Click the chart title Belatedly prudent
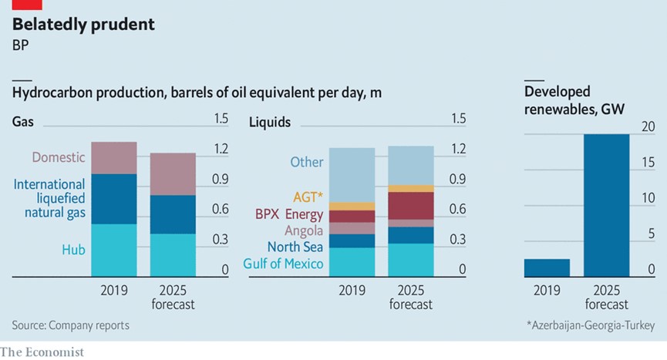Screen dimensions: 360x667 click(83, 25)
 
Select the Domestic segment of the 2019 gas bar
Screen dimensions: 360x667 click(114, 158)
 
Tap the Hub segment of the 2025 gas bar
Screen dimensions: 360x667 click(173, 254)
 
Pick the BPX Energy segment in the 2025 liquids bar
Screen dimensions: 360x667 click(411, 205)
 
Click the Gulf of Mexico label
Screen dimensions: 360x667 click(283, 264)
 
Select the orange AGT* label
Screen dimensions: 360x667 click(308, 197)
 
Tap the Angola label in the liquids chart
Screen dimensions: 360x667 click(304, 230)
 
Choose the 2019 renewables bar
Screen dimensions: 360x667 click(547, 267)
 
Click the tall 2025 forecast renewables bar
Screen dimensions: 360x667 click(606, 204)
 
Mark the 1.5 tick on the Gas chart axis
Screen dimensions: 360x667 click(221, 119)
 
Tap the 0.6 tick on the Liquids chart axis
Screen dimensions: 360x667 click(457, 210)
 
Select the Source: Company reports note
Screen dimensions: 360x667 click(71, 325)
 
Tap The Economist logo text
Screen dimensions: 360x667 click(42, 352)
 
